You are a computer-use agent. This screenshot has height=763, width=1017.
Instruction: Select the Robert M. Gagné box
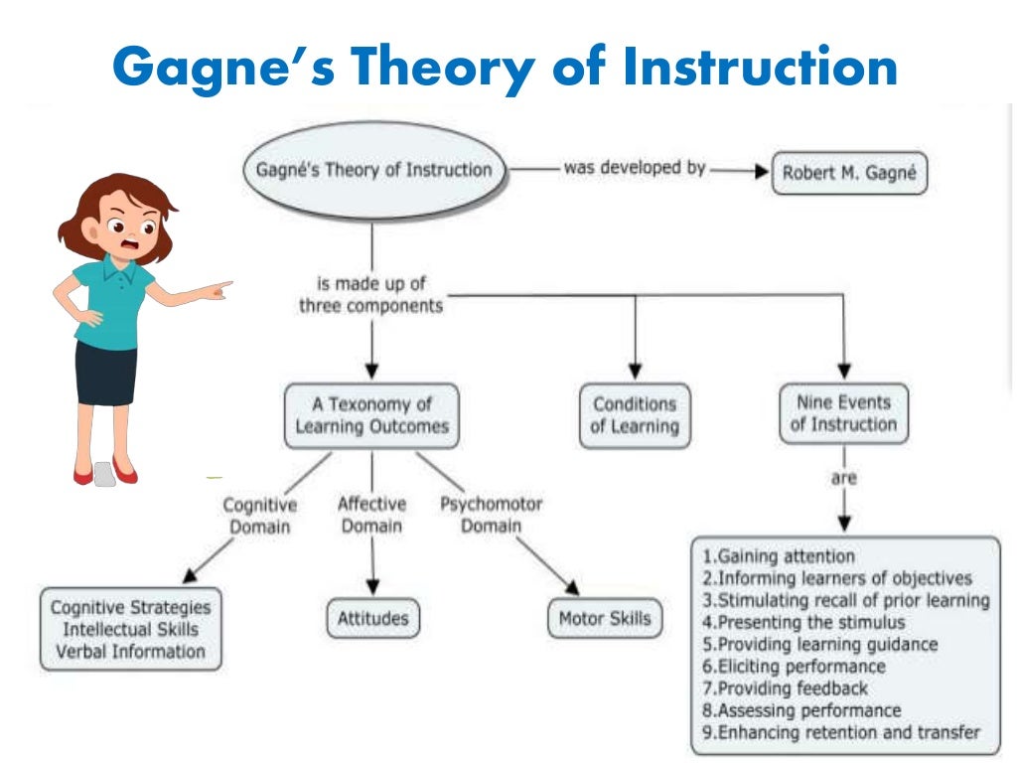tap(849, 172)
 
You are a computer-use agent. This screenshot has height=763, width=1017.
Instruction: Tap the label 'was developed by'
tap(635, 168)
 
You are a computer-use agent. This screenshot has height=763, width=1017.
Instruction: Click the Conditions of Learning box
tap(635, 415)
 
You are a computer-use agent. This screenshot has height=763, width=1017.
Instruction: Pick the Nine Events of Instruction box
tap(843, 413)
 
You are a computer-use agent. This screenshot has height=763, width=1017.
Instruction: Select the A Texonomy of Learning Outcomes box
tap(371, 415)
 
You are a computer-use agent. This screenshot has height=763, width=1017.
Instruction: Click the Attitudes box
tap(372, 618)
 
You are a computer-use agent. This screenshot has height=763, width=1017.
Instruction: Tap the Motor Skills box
tap(605, 618)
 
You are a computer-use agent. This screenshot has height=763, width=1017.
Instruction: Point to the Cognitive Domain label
tap(260, 516)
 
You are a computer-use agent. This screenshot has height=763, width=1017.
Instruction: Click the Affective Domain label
tap(372, 515)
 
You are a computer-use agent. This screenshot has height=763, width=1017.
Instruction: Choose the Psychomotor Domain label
tap(492, 514)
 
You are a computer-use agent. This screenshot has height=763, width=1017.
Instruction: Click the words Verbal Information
tap(130, 652)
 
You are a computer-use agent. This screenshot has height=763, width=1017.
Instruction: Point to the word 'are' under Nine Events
tap(844, 478)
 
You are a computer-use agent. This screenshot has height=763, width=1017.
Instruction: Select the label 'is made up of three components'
tap(371, 295)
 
